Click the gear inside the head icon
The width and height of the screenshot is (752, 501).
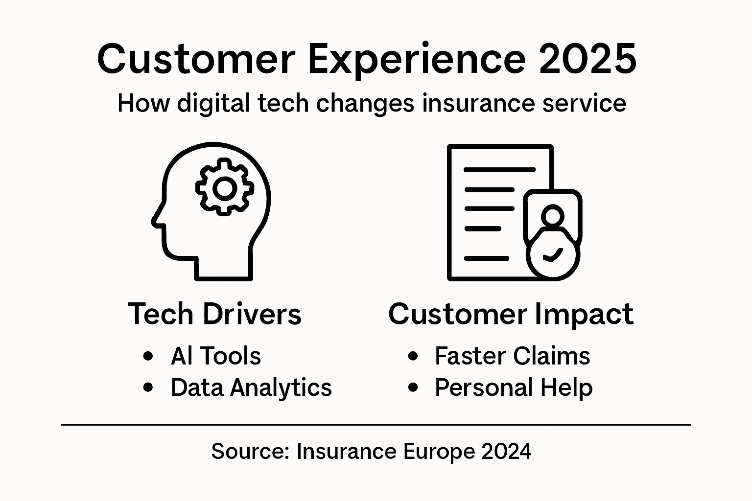pyautogui.click(x=225, y=187)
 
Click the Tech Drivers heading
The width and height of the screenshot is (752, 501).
pyautogui.click(x=214, y=314)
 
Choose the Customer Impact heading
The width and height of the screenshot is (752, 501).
pyautogui.click(x=511, y=314)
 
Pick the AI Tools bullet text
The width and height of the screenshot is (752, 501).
pyautogui.click(x=215, y=356)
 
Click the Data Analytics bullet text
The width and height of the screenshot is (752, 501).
pyautogui.click(x=251, y=387)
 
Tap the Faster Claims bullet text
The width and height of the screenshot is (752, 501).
pyautogui.click(x=512, y=356)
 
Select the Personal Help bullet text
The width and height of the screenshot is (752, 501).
pyautogui.click(x=514, y=387)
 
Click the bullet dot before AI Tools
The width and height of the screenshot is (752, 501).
pyautogui.click(x=148, y=356)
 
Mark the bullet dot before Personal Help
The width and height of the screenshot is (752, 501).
pyautogui.click(x=413, y=387)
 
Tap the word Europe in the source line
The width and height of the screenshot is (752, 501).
pyautogui.click(x=439, y=451)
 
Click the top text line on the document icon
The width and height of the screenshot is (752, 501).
pyautogui.click(x=499, y=170)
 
